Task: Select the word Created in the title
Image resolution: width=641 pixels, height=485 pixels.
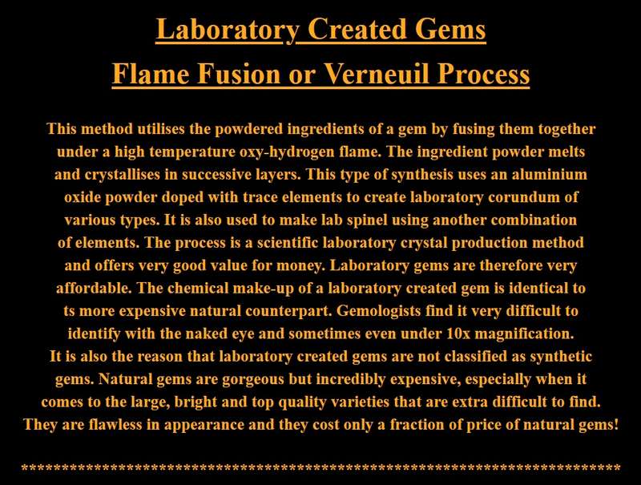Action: point(357,30)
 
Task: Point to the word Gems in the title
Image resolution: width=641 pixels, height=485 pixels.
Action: point(450,30)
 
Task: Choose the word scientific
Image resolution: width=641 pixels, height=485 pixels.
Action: point(288,242)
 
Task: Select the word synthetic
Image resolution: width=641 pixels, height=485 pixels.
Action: point(561,356)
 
